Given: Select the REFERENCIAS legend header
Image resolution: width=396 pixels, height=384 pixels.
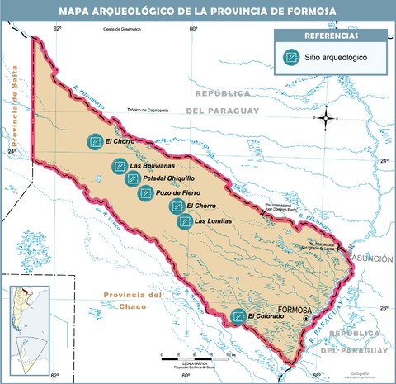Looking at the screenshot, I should [x=331, y=36].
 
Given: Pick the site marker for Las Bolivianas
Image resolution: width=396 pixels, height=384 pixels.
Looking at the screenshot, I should [x=120, y=166].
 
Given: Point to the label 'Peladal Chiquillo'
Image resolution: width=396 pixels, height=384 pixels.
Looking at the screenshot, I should [x=169, y=178].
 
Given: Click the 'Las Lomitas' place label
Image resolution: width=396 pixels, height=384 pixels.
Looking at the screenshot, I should [x=213, y=221].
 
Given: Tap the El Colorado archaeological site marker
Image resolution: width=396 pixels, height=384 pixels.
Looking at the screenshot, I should [x=238, y=315].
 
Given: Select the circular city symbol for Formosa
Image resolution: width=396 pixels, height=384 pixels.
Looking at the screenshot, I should [x=306, y=319].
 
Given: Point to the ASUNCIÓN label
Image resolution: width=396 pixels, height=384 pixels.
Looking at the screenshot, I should [x=372, y=258].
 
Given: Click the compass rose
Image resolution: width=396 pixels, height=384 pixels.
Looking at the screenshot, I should [x=328, y=117].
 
